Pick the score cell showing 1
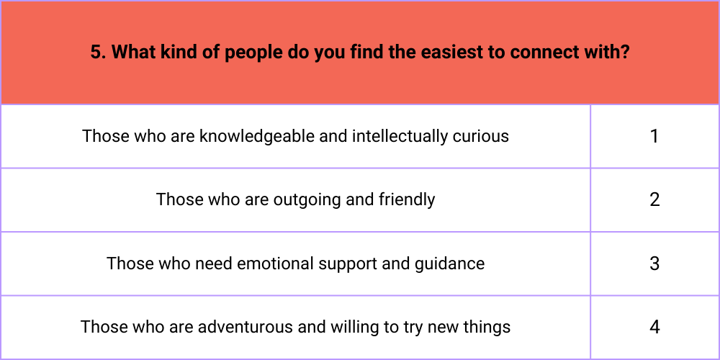click(x=654, y=136)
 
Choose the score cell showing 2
click(x=654, y=199)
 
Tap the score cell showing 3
click(x=654, y=264)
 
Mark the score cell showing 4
click(x=654, y=328)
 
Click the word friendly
click(x=407, y=200)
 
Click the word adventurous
click(x=246, y=328)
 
